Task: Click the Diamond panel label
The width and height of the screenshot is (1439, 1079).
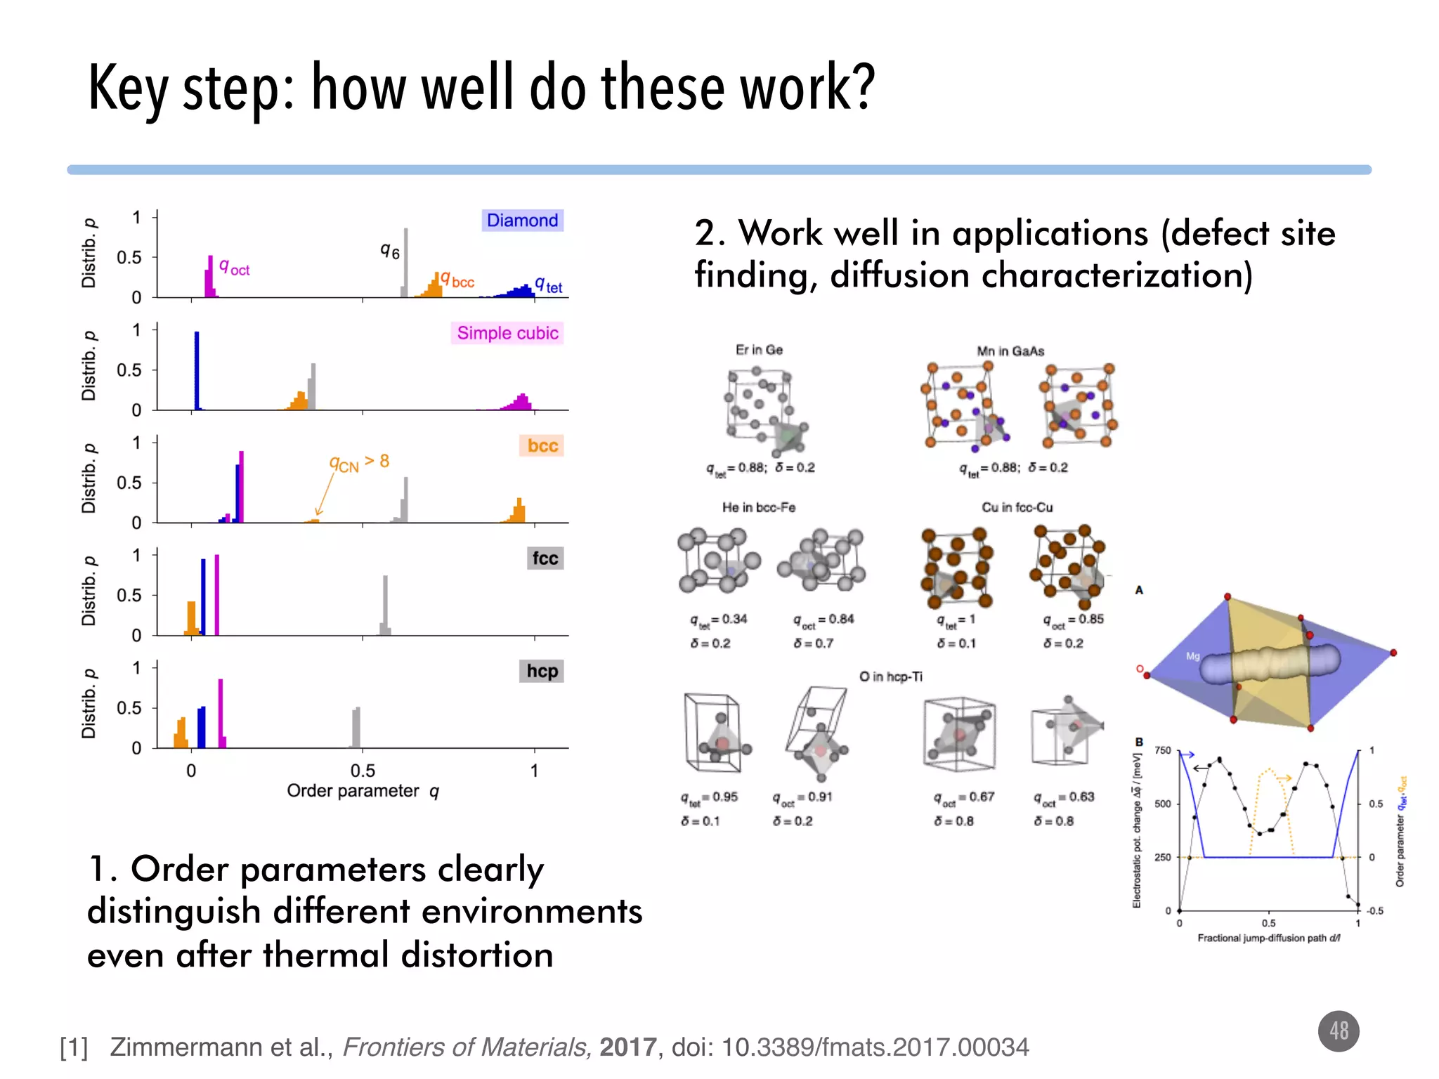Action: point(522,221)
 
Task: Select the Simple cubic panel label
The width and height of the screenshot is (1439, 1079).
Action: point(507,333)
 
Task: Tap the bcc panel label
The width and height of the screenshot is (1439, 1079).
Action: point(542,446)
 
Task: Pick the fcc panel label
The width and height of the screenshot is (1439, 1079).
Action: point(545,558)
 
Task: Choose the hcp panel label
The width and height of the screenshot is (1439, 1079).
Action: point(542,671)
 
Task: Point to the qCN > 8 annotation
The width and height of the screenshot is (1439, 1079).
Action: point(359,462)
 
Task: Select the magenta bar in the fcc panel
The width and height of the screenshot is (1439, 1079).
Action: point(217,594)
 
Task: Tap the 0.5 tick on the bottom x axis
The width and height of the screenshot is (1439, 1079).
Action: point(363,771)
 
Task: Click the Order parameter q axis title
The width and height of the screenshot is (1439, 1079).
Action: point(363,791)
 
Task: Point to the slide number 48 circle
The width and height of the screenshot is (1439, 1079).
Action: point(1339,1031)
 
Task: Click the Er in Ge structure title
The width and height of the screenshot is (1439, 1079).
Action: point(759,350)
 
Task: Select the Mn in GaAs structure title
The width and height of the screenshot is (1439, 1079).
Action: point(1010,351)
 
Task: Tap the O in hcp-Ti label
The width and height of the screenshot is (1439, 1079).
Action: point(890,676)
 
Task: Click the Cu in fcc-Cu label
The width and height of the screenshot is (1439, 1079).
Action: point(1017,507)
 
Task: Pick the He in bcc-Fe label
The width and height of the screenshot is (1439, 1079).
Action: point(759,507)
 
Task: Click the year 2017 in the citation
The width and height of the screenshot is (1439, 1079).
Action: point(627,1047)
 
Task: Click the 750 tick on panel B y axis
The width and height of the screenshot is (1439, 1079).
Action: point(1163,750)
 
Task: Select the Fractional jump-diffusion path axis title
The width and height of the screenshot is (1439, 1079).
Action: point(1269,938)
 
